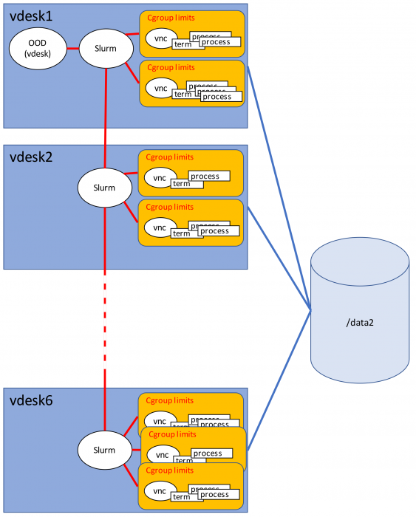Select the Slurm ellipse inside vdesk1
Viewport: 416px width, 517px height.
(105, 49)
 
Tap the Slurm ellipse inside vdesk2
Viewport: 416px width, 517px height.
(105, 188)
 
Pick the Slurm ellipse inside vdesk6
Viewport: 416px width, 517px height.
(105, 450)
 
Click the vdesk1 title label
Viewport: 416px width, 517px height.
(31, 16)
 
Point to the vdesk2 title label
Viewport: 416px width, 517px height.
(31, 157)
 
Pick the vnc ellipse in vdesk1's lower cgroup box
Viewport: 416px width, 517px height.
(160, 88)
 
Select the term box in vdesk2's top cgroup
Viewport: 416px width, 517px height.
(182, 184)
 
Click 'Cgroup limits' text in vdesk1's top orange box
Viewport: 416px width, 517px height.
(171, 18)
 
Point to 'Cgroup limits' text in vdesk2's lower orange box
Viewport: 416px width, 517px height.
(171, 208)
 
